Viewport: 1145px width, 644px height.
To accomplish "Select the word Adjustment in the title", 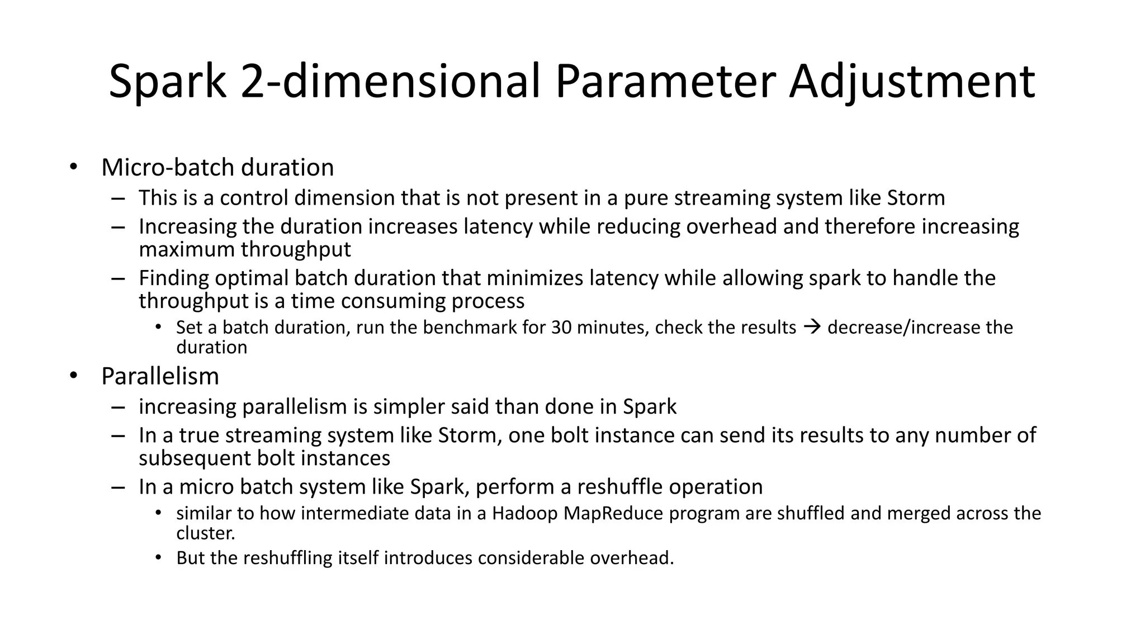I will click(x=912, y=82).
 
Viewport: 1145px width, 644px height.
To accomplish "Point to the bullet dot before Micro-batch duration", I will click(x=73, y=167).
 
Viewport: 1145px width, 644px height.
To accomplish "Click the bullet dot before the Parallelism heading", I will click(x=73, y=376).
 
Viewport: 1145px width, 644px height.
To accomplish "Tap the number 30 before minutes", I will click(x=561, y=328).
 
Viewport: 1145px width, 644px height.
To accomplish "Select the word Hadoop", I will click(x=524, y=514).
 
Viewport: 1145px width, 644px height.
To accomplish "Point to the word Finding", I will click(x=174, y=278).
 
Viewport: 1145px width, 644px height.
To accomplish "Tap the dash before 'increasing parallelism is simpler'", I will click(x=118, y=406).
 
